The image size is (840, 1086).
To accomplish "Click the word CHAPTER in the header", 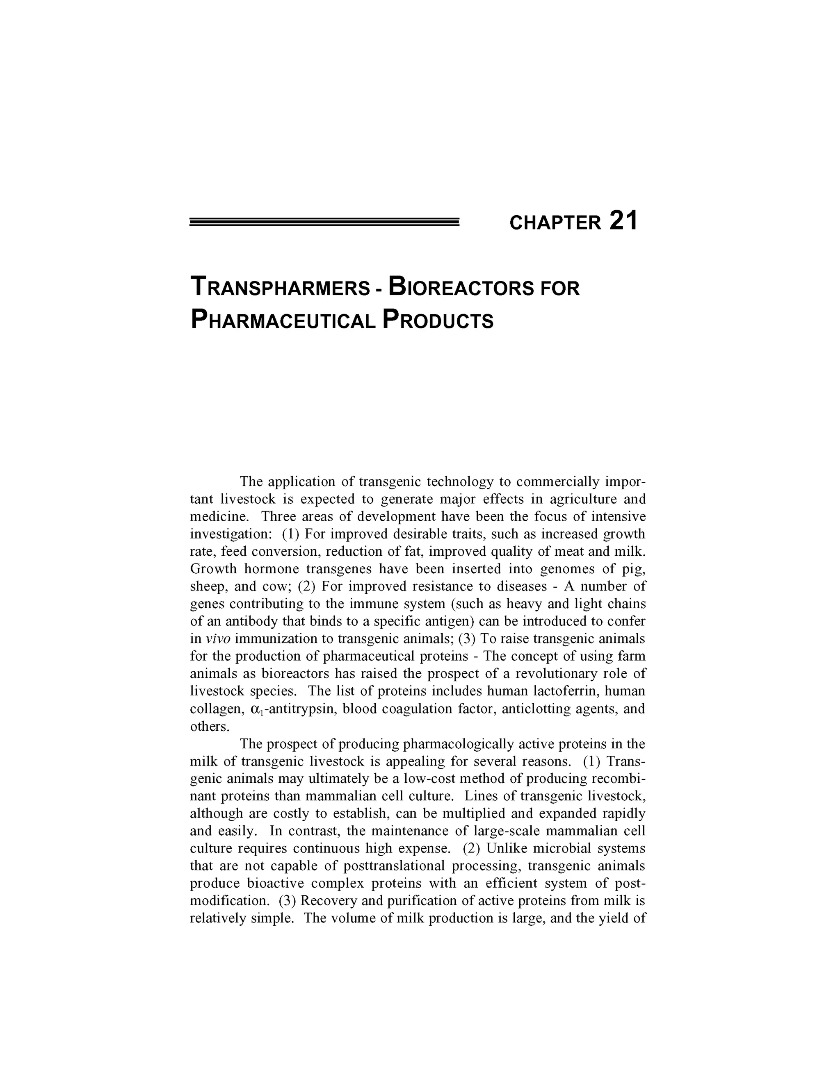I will click(555, 223).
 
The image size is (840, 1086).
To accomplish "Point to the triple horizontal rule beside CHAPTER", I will click(324, 222).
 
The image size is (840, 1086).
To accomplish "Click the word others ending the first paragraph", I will click(210, 727).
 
